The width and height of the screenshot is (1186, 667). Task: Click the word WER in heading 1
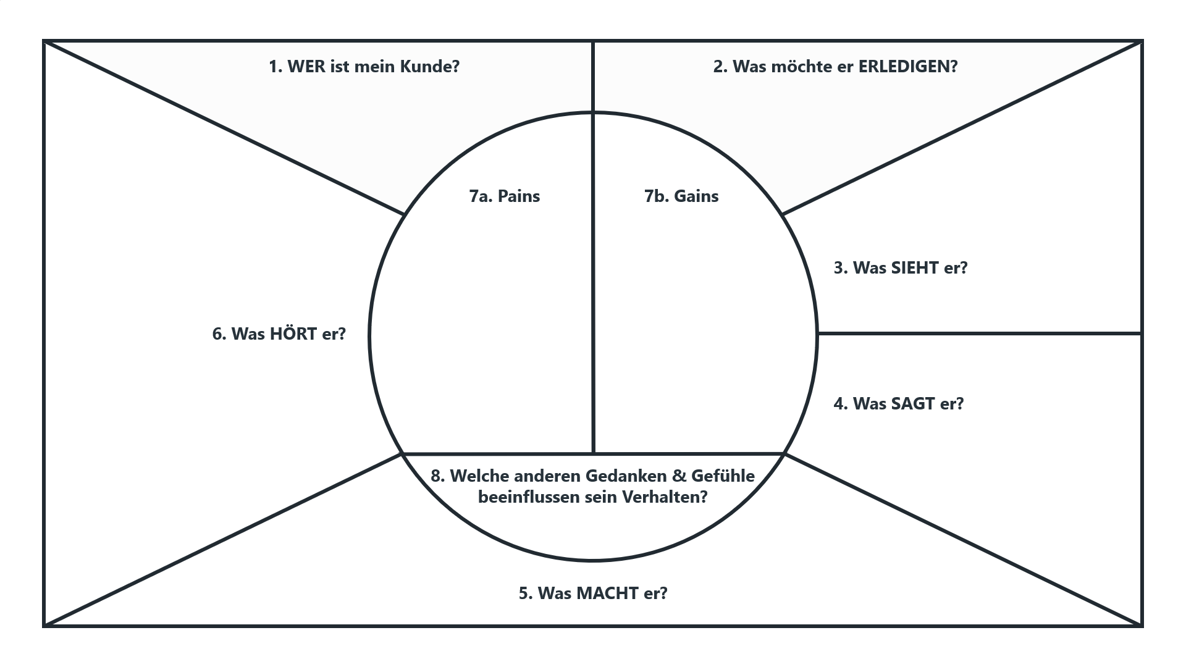(306, 67)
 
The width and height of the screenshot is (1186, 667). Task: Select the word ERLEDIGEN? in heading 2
(908, 67)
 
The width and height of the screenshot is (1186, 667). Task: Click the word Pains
(519, 196)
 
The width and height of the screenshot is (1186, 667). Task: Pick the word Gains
(696, 196)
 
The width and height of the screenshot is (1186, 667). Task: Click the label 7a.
(481, 196)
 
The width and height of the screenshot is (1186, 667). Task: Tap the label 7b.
(656, 196)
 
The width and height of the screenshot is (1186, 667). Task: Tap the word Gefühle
(723, 476)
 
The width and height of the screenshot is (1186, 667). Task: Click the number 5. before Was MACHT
(526, 594)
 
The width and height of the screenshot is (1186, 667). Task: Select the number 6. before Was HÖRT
(219, 334)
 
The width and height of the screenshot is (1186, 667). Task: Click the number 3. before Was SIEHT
(841, 268)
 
